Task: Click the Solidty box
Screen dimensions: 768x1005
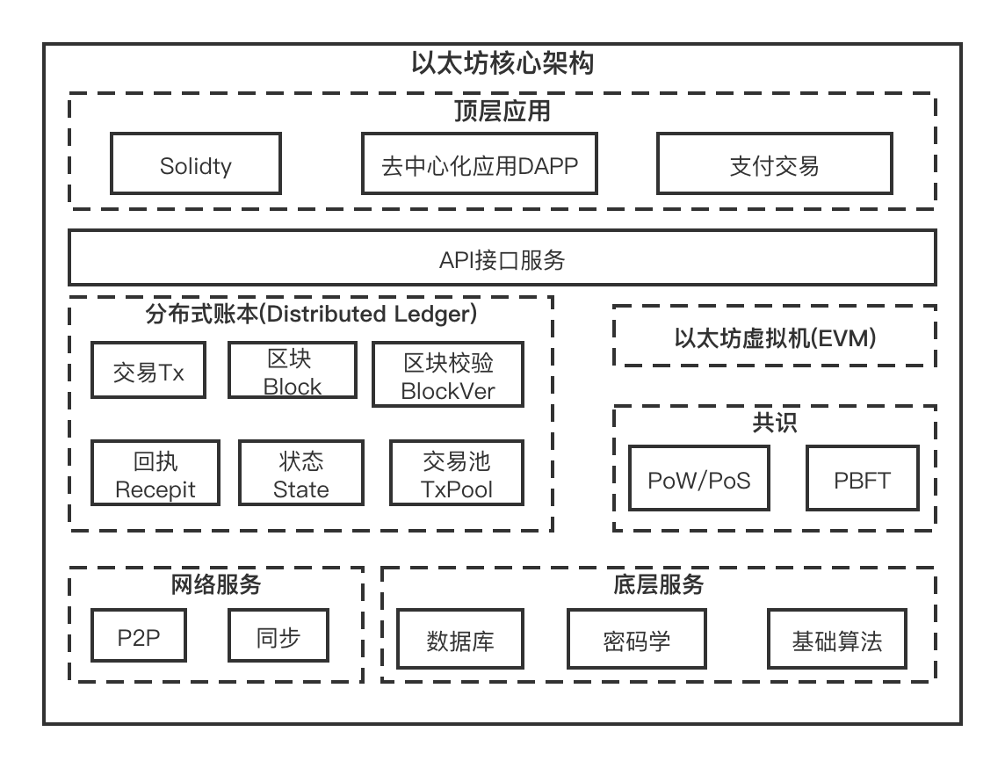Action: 195,164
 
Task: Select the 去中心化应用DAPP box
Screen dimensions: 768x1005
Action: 480,164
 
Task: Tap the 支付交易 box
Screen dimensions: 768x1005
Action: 774,164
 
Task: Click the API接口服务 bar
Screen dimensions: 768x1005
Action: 502,258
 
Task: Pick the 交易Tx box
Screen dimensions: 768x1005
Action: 148,371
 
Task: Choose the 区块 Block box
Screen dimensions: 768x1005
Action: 293,371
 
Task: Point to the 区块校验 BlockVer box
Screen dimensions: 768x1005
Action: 448,375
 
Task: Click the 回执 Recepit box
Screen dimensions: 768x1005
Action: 155,474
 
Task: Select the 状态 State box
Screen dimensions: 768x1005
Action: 301,474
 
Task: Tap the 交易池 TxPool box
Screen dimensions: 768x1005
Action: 456,474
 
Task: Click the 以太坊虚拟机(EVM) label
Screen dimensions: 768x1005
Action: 774,337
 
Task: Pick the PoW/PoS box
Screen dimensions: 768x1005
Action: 698,479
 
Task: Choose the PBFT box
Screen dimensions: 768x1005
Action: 862,479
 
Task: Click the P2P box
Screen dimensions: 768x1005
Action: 139,636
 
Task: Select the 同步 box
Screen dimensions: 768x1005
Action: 278,636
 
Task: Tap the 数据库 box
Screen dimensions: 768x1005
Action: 460,639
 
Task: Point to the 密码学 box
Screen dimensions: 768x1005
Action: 637,639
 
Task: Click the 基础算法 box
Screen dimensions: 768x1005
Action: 836,639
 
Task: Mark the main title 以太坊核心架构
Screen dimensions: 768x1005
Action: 502,63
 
